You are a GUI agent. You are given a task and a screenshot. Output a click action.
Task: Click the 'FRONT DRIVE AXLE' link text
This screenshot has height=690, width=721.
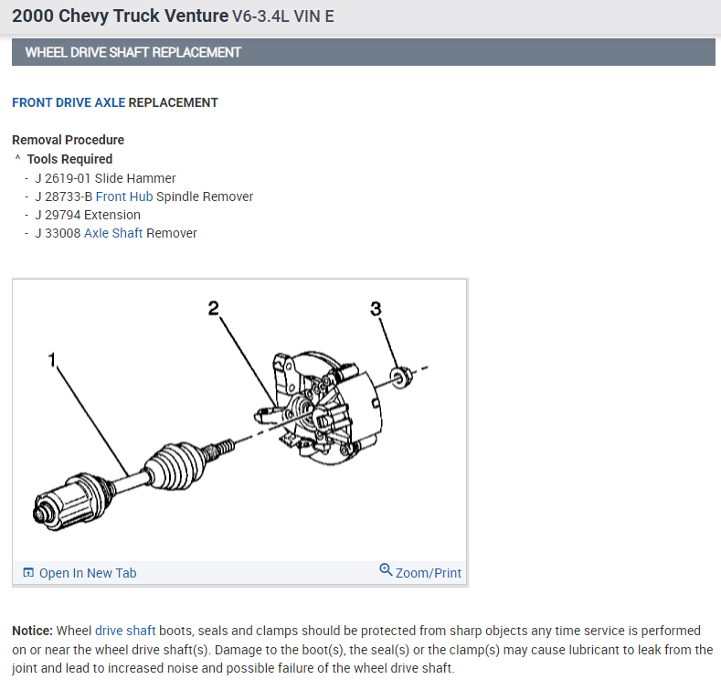(x=69, y=102)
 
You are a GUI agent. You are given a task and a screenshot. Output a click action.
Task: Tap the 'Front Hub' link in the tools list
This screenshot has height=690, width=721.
(x=124, y=196)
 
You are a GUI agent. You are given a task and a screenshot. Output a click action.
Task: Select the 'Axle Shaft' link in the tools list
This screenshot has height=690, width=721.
(x=113, y=233)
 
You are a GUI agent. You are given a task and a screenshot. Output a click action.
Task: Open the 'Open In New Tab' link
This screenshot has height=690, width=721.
(x=87, y=573)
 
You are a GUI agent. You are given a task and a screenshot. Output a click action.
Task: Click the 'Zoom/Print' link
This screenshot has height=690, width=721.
(x=428, y=573)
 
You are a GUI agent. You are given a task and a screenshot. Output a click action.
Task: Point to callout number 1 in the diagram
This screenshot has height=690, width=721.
(x=53, y=361)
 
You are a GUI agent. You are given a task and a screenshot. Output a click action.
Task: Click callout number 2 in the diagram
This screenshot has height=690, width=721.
(x=214, y=308)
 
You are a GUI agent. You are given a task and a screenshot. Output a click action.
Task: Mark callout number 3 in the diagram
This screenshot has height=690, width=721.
(x=376, y=308)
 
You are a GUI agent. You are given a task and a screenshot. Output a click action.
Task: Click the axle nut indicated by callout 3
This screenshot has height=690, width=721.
(x=398, y=376)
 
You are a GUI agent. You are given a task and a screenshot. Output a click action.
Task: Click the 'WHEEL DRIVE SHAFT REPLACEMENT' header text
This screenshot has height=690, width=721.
(x=133, y=52)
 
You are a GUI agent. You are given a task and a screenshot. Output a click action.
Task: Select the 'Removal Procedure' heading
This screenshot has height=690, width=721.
(x=68, y=140)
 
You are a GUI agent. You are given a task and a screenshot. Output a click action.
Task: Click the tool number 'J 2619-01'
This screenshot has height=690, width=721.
(x=63, y=178)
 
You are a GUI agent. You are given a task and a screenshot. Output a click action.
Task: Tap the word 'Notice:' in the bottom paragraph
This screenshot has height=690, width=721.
(x=33, y=631)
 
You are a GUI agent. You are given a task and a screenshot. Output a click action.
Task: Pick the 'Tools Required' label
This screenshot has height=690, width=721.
(x=69, y=159)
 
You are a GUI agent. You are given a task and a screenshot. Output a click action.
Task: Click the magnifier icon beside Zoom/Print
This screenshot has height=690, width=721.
(x=386, y=571)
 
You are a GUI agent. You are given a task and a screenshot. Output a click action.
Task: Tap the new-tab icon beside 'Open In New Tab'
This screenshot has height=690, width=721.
(x=28, y=573)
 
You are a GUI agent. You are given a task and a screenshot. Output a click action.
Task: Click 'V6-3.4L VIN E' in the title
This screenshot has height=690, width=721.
(x=284, y=16)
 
